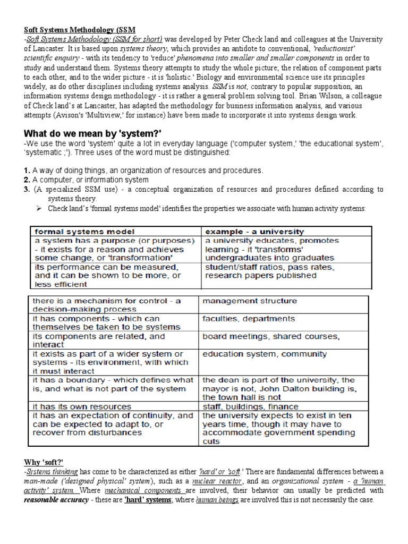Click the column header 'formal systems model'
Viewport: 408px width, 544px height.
pos(84,232)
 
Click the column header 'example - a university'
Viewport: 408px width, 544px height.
pos(254,232)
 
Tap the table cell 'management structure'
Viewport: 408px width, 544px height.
pos(249,301)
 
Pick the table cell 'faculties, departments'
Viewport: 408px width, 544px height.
pos(248,319)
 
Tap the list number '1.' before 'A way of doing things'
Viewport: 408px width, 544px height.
pos(27,170)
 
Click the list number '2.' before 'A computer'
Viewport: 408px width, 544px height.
pos(27,180)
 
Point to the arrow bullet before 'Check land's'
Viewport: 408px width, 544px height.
pos(39,209)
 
